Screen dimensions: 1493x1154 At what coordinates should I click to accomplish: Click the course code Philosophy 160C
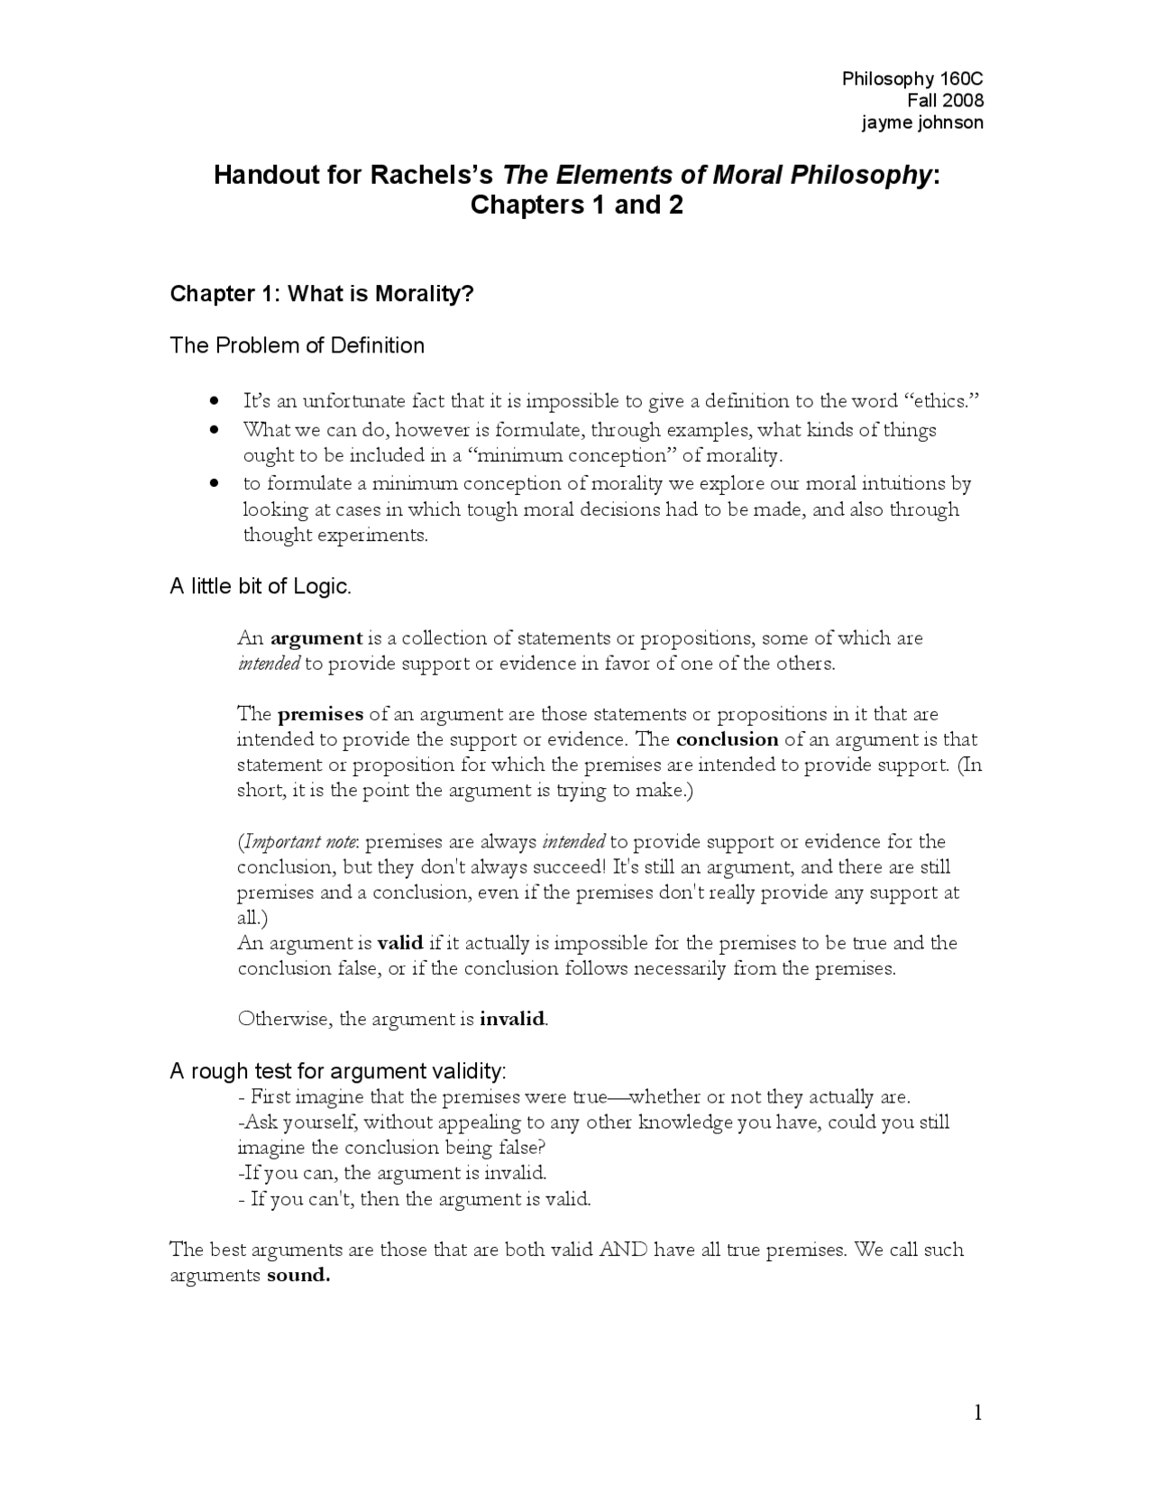click(912, 78)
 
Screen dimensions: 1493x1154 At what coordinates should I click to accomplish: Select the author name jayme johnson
click(922, 123)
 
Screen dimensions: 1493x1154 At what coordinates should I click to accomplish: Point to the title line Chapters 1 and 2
click(576, 206)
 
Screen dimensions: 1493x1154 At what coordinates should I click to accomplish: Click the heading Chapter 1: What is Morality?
click(322, 294)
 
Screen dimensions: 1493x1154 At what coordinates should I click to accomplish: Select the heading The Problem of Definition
click(297, 345)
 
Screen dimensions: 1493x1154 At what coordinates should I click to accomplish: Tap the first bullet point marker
click(214, 400)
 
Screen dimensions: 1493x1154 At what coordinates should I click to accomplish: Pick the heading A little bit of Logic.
click(260, 586)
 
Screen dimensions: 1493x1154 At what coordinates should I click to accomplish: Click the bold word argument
click(316, 638)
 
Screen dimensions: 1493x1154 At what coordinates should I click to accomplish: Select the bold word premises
click(320, 714)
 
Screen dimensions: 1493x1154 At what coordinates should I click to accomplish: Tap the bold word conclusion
click(727, 739)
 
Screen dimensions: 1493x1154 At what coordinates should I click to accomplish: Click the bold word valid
click(399, 943)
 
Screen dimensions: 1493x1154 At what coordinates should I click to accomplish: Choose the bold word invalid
click(512, 1019)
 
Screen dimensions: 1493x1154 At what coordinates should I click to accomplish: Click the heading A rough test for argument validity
click(338, 1071)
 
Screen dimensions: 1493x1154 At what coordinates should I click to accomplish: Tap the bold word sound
click(298, 1276)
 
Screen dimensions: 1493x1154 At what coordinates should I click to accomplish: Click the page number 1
click(977, 1413)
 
